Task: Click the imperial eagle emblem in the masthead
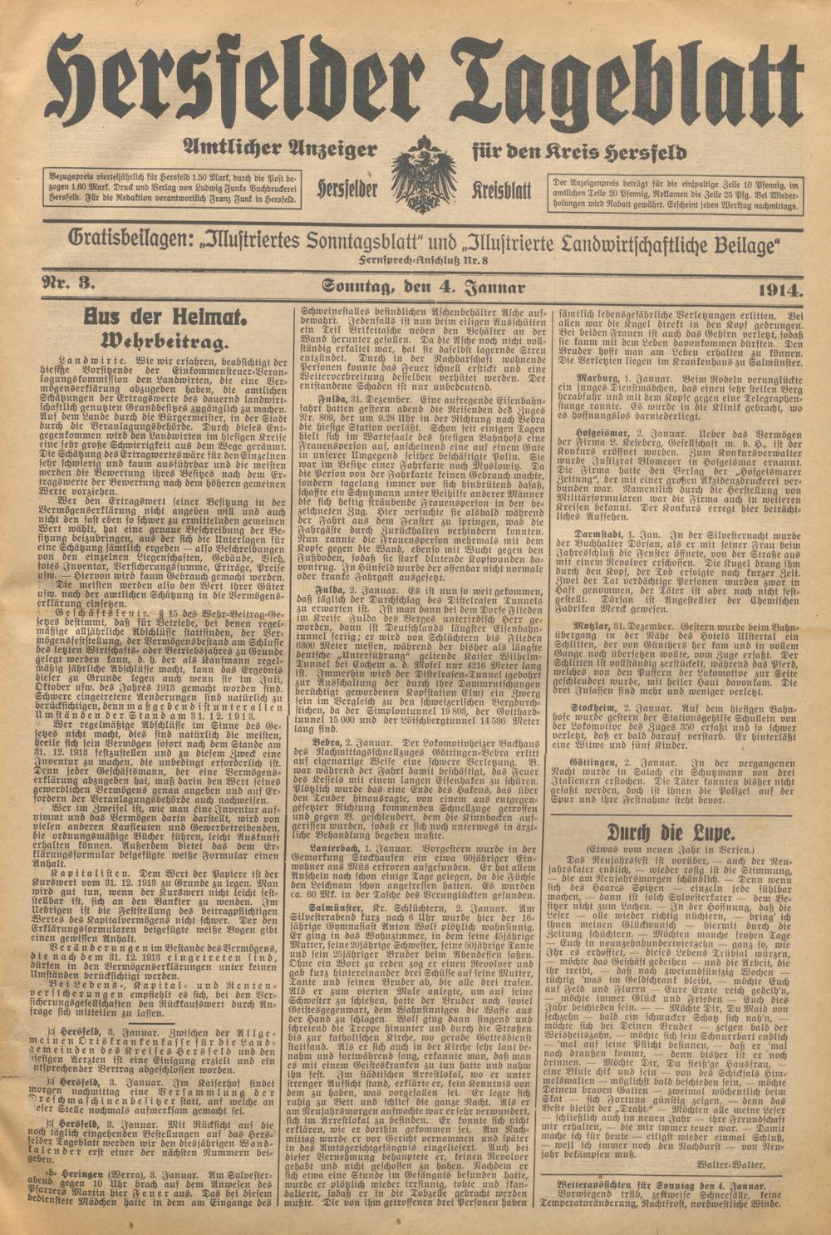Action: (423, 175)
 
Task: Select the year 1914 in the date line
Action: (780, 289)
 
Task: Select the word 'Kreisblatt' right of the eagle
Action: (503, 190)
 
